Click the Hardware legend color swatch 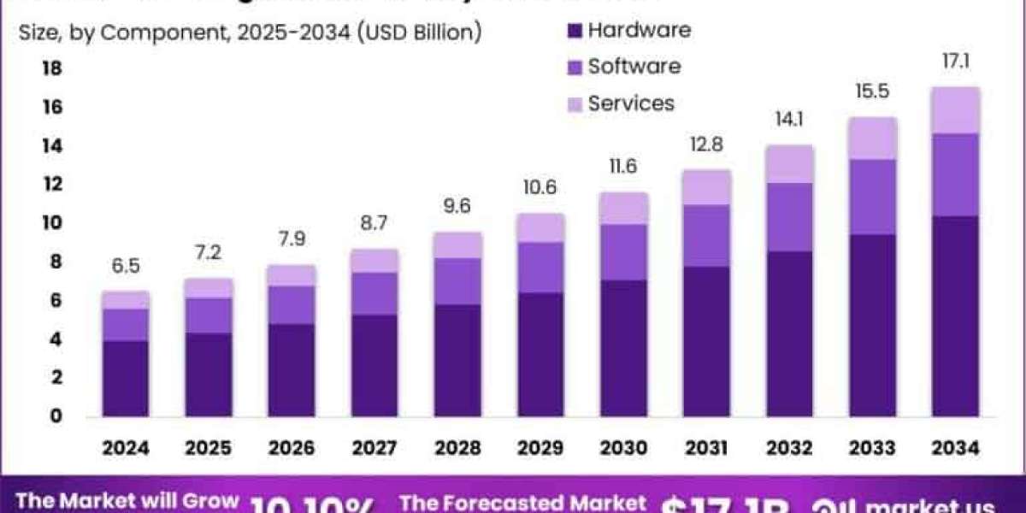pyautogui.click(x=574, y=31)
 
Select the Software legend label pyautogui.click(x=634, y=67)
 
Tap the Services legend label pyautogui.click(x=631, y=104)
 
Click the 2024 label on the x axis pyautogui.click(x=126, y=448)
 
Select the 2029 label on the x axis pyautogui.click(x=540, y=448)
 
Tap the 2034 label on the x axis pyautogui.click(x=955, y=448)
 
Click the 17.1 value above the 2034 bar pyautogui.click(x=955, y=62)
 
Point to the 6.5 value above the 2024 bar pyautogui.click(x=126, y=267)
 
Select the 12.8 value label pyautogui.click(x=706, y=144)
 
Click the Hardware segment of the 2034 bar pyautogui.click(x=955, y=316)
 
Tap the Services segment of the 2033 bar pyautogui.click(x=872, y=139)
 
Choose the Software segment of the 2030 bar pyautogui.click(x=623, y=252)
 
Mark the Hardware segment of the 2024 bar pyautogui.click(x=126, y=379)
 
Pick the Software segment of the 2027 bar pyautogui.click(x=374, y=293)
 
